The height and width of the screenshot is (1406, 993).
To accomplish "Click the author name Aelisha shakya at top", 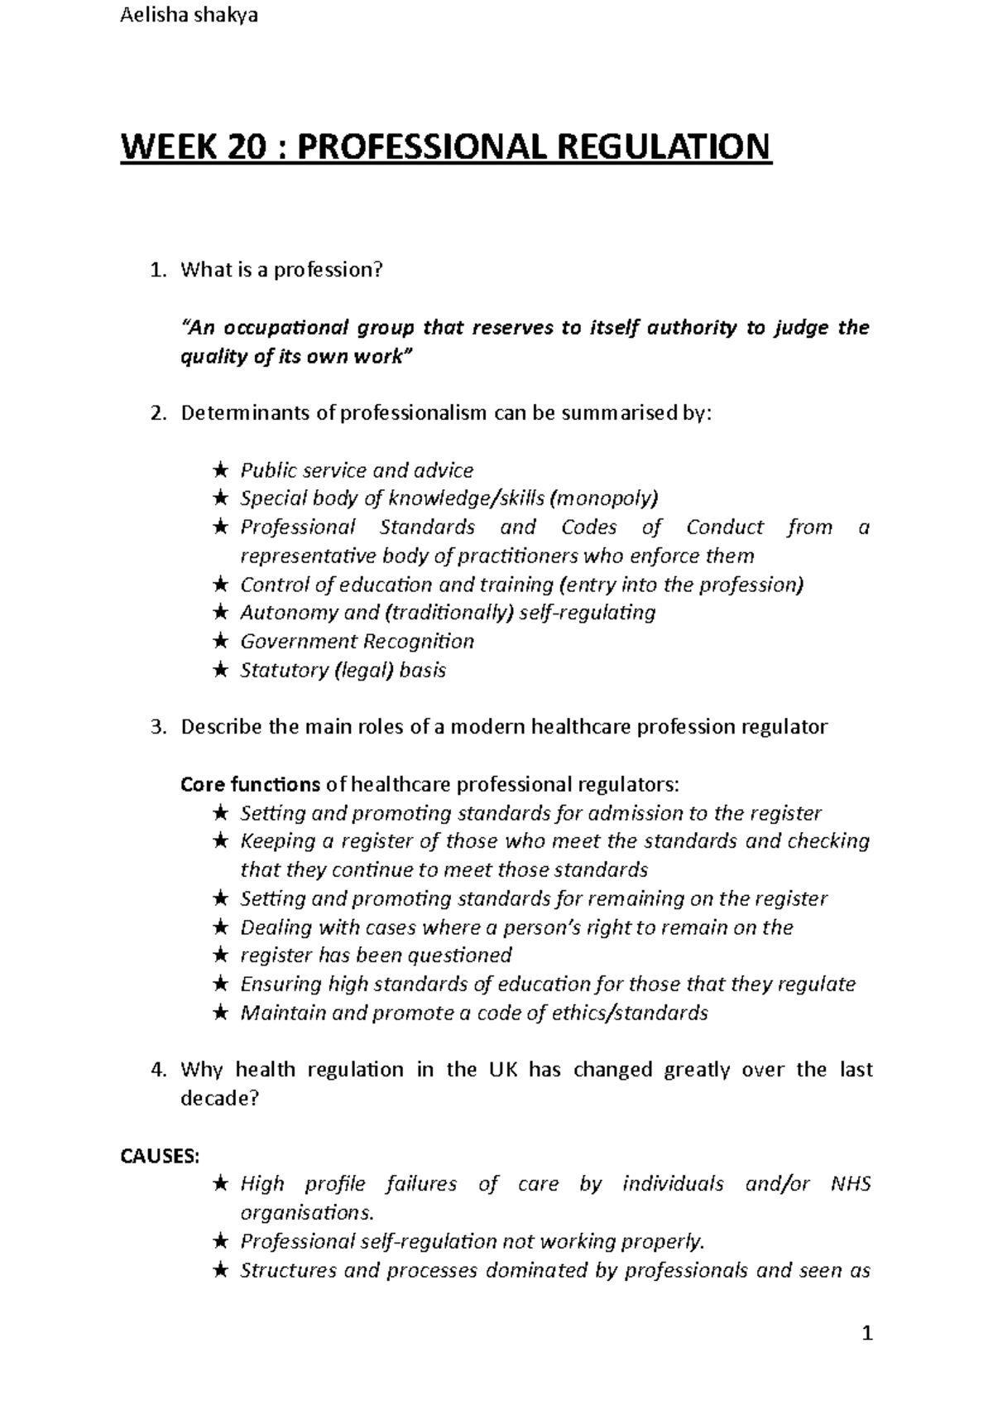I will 189,16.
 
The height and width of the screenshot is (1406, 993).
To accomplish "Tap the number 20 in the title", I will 241,147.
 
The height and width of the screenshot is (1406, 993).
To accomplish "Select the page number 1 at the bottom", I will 867,1333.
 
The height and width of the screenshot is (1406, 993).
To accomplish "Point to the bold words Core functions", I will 250,784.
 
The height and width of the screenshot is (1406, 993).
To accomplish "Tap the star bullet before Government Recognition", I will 219,642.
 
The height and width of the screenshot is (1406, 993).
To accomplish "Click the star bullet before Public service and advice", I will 219,471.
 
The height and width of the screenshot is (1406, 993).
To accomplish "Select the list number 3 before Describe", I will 157,727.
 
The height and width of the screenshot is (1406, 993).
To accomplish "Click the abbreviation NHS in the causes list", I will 851,1184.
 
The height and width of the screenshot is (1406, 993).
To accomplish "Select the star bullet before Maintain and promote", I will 219,1014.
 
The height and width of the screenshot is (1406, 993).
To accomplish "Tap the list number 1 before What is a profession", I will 157,270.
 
